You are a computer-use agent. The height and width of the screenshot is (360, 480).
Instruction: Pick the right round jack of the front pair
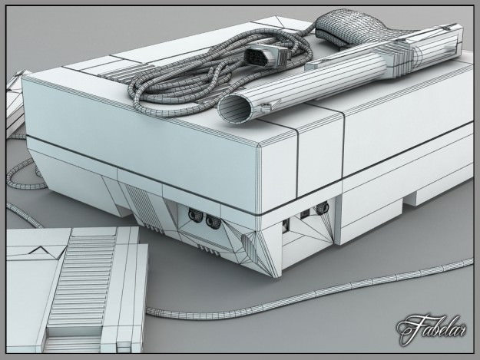coord(213,223)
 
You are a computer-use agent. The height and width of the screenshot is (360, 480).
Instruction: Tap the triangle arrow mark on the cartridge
coord(36,249)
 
